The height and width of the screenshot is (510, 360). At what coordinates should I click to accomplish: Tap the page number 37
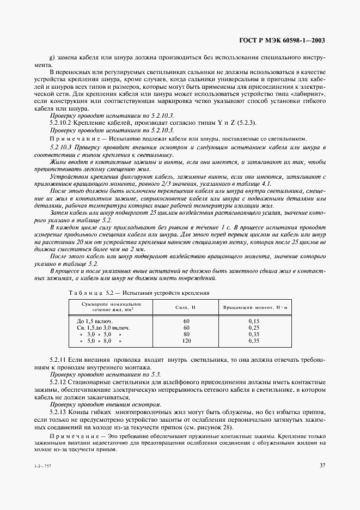[322, 465]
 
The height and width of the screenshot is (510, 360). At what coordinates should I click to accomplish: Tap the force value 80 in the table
[186, 334]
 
